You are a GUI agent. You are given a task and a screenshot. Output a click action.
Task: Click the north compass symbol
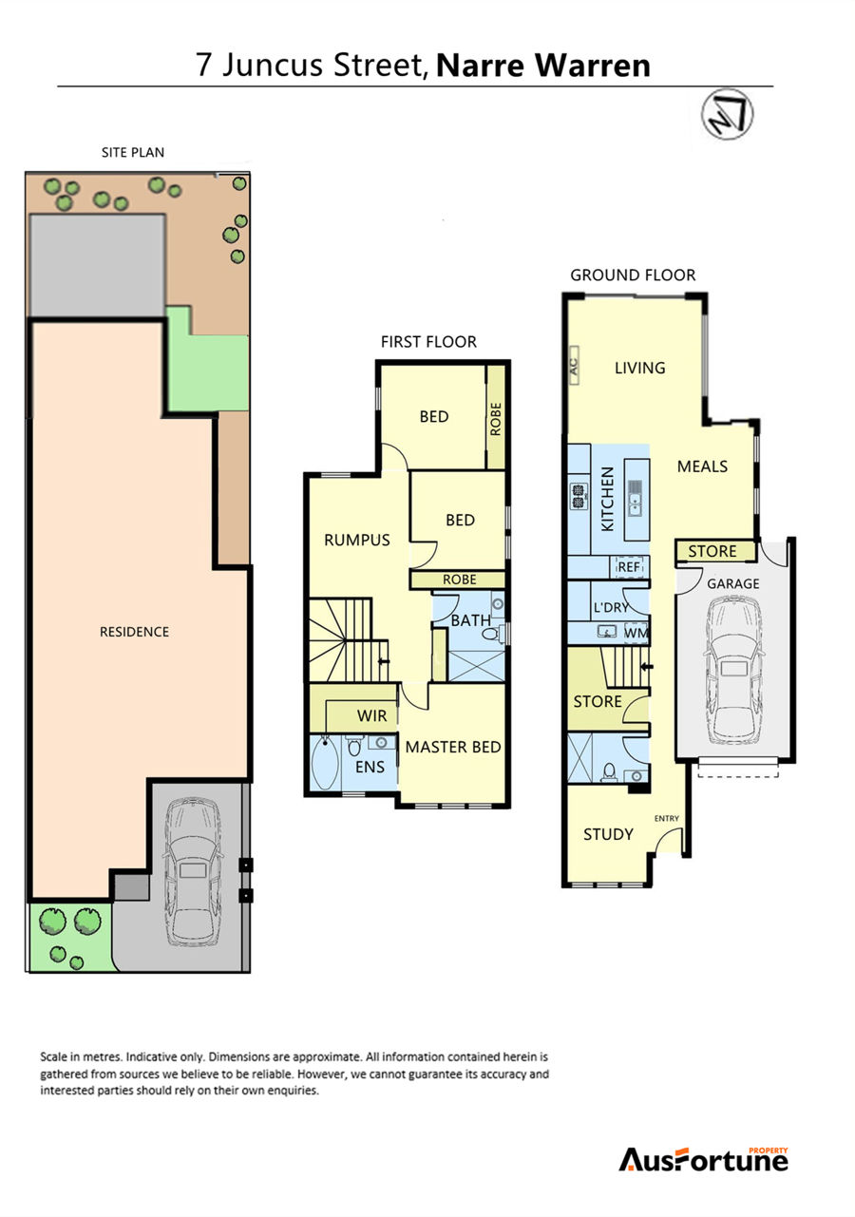[x=727, y=114]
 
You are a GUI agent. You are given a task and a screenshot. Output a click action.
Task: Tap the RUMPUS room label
[x=357, y=540]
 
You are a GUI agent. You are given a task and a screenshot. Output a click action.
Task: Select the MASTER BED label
[x=453, y=747]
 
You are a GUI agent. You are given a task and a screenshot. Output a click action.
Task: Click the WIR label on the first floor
[x=372, y=715]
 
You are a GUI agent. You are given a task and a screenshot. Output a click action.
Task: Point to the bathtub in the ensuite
[x=325, y=762]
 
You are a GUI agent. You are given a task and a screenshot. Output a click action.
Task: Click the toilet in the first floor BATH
[x=491, y=633]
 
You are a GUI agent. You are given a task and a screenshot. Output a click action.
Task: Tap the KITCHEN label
[x=607, y=499]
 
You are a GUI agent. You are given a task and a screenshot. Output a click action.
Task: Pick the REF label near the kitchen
[x=629, y=566]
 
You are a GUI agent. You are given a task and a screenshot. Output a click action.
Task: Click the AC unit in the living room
[x=574, y=366]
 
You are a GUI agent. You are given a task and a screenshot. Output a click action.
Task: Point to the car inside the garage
[x=732, y=670]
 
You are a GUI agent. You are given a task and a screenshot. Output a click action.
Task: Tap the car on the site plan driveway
[x=193, y=874]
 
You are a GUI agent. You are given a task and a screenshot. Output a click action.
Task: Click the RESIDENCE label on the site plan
[x=134, y=632]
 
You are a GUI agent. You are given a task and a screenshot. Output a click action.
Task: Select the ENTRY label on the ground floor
[x=667, y=818]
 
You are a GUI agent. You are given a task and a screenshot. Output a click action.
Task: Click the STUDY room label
[x=608, y=834]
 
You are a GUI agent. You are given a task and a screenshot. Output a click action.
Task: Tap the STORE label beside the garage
[x=712, y=551]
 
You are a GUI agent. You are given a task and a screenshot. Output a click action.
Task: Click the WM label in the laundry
[x=636, y=633]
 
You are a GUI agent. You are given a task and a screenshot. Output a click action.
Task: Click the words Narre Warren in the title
[x=543, y=66]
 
